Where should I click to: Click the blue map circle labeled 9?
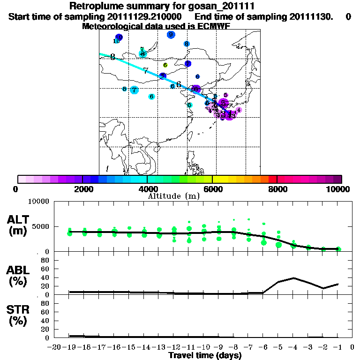pos(171,35)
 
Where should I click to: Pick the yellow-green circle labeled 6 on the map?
pos(165,65)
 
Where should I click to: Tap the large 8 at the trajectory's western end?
pos(113,57)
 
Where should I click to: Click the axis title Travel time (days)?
pos(205,355)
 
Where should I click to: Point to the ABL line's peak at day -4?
pos(293,278)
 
